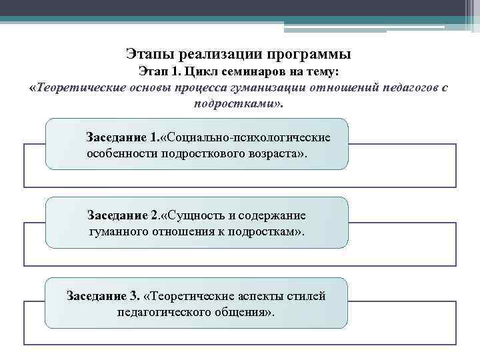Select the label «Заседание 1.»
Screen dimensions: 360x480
[x=121, y=138]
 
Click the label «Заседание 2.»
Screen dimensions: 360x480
[x=123, y=216]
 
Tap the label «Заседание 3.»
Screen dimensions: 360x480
[x=103, y=295]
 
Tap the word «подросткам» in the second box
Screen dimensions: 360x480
[x=259, y=232]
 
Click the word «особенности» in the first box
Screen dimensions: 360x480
[x=121, y=153]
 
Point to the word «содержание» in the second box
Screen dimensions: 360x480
[x=275, y=216]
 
